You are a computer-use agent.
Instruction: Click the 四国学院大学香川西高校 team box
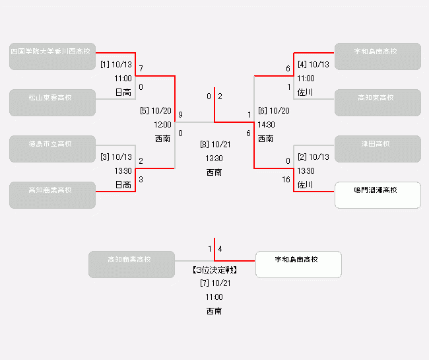(x=52, y=56)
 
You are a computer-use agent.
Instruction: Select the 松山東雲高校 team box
(x=52, y=102)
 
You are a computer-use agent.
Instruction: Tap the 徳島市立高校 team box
(x=52, y=149)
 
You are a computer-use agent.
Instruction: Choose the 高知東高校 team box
(x=378, y=102)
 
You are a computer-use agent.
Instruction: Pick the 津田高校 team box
(x=378, y=149)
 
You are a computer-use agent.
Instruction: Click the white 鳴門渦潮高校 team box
(x=378, y=195)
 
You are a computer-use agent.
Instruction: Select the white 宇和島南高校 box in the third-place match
(x=298, y=264)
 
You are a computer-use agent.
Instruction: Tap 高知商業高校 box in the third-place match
(x=131, y=264)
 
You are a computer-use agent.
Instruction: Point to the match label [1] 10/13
(x=116, y=65)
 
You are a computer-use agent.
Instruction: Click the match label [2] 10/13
(x=313, y=157)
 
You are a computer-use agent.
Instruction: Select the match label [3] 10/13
(x=116, y=157)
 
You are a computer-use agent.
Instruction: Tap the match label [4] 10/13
(x=313, y=65)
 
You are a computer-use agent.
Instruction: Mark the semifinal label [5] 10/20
(x=156, y=111)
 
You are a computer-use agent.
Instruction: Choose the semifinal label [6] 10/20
(x=274, y=111)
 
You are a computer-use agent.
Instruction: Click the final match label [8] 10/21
(x=214, y=144)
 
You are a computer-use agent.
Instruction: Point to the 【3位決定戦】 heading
(x=214, y=270)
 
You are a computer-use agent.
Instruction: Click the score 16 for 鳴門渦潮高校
(x=286, y=180)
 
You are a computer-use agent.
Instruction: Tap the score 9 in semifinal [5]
(x=180, y=115)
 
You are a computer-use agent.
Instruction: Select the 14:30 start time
(x=267, y=124)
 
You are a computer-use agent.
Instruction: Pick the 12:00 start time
(x=162, y=124)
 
